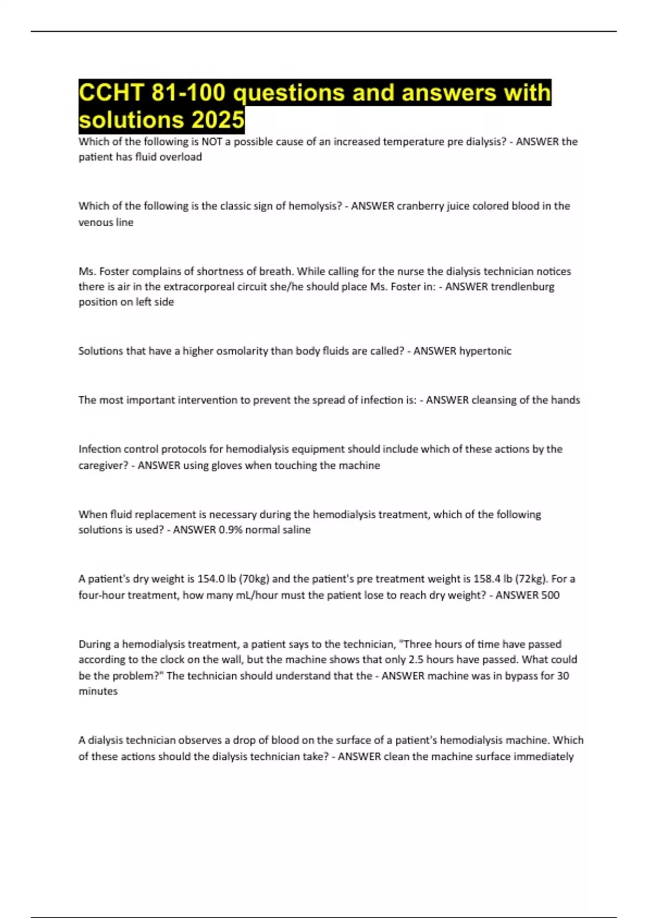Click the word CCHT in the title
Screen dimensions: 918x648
click(111, 92)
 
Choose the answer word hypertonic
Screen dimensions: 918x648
click(485, 351)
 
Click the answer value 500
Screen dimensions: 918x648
click(550, 595)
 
